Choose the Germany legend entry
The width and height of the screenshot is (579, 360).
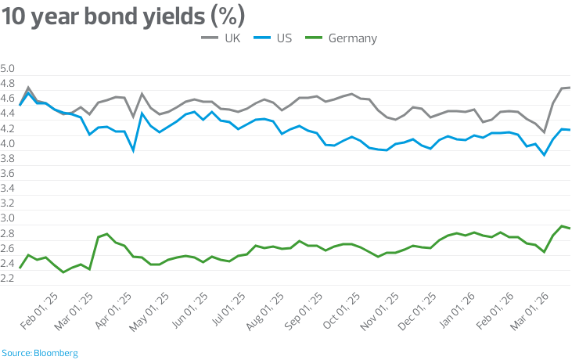(x=352, y=38)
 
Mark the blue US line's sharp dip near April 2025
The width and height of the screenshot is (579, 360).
(x=133, y=149)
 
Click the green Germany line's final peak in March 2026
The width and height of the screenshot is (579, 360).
(x=562, y=226)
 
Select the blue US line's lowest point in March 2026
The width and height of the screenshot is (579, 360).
(x=544, y=155)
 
